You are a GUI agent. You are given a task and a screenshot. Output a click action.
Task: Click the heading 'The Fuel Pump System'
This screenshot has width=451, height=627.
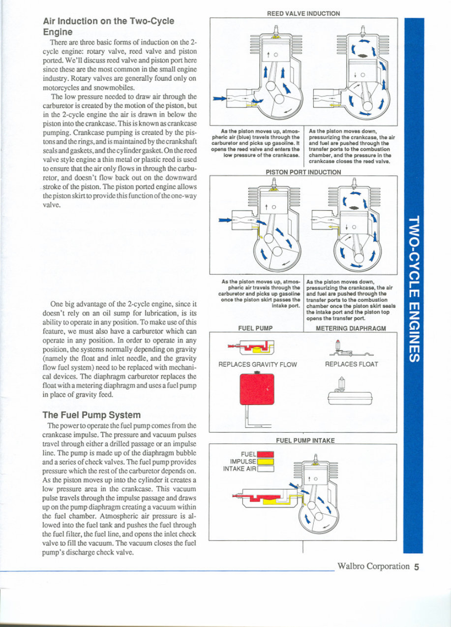pos(91,414)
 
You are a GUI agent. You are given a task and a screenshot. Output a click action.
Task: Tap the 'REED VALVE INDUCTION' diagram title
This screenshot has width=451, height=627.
pos(303,14)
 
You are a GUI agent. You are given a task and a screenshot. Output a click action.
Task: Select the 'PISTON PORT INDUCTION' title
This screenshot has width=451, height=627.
pos(303,172)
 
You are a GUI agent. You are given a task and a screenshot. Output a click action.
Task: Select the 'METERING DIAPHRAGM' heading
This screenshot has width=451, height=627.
pos(351,328)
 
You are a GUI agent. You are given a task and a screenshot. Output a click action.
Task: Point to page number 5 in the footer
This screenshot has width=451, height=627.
pos(416,566)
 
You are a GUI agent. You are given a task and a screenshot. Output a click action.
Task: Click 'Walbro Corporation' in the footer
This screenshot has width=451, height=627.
pos(373,566)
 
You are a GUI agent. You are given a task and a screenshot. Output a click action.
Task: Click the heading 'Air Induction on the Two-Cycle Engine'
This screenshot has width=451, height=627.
pos(108,26)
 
